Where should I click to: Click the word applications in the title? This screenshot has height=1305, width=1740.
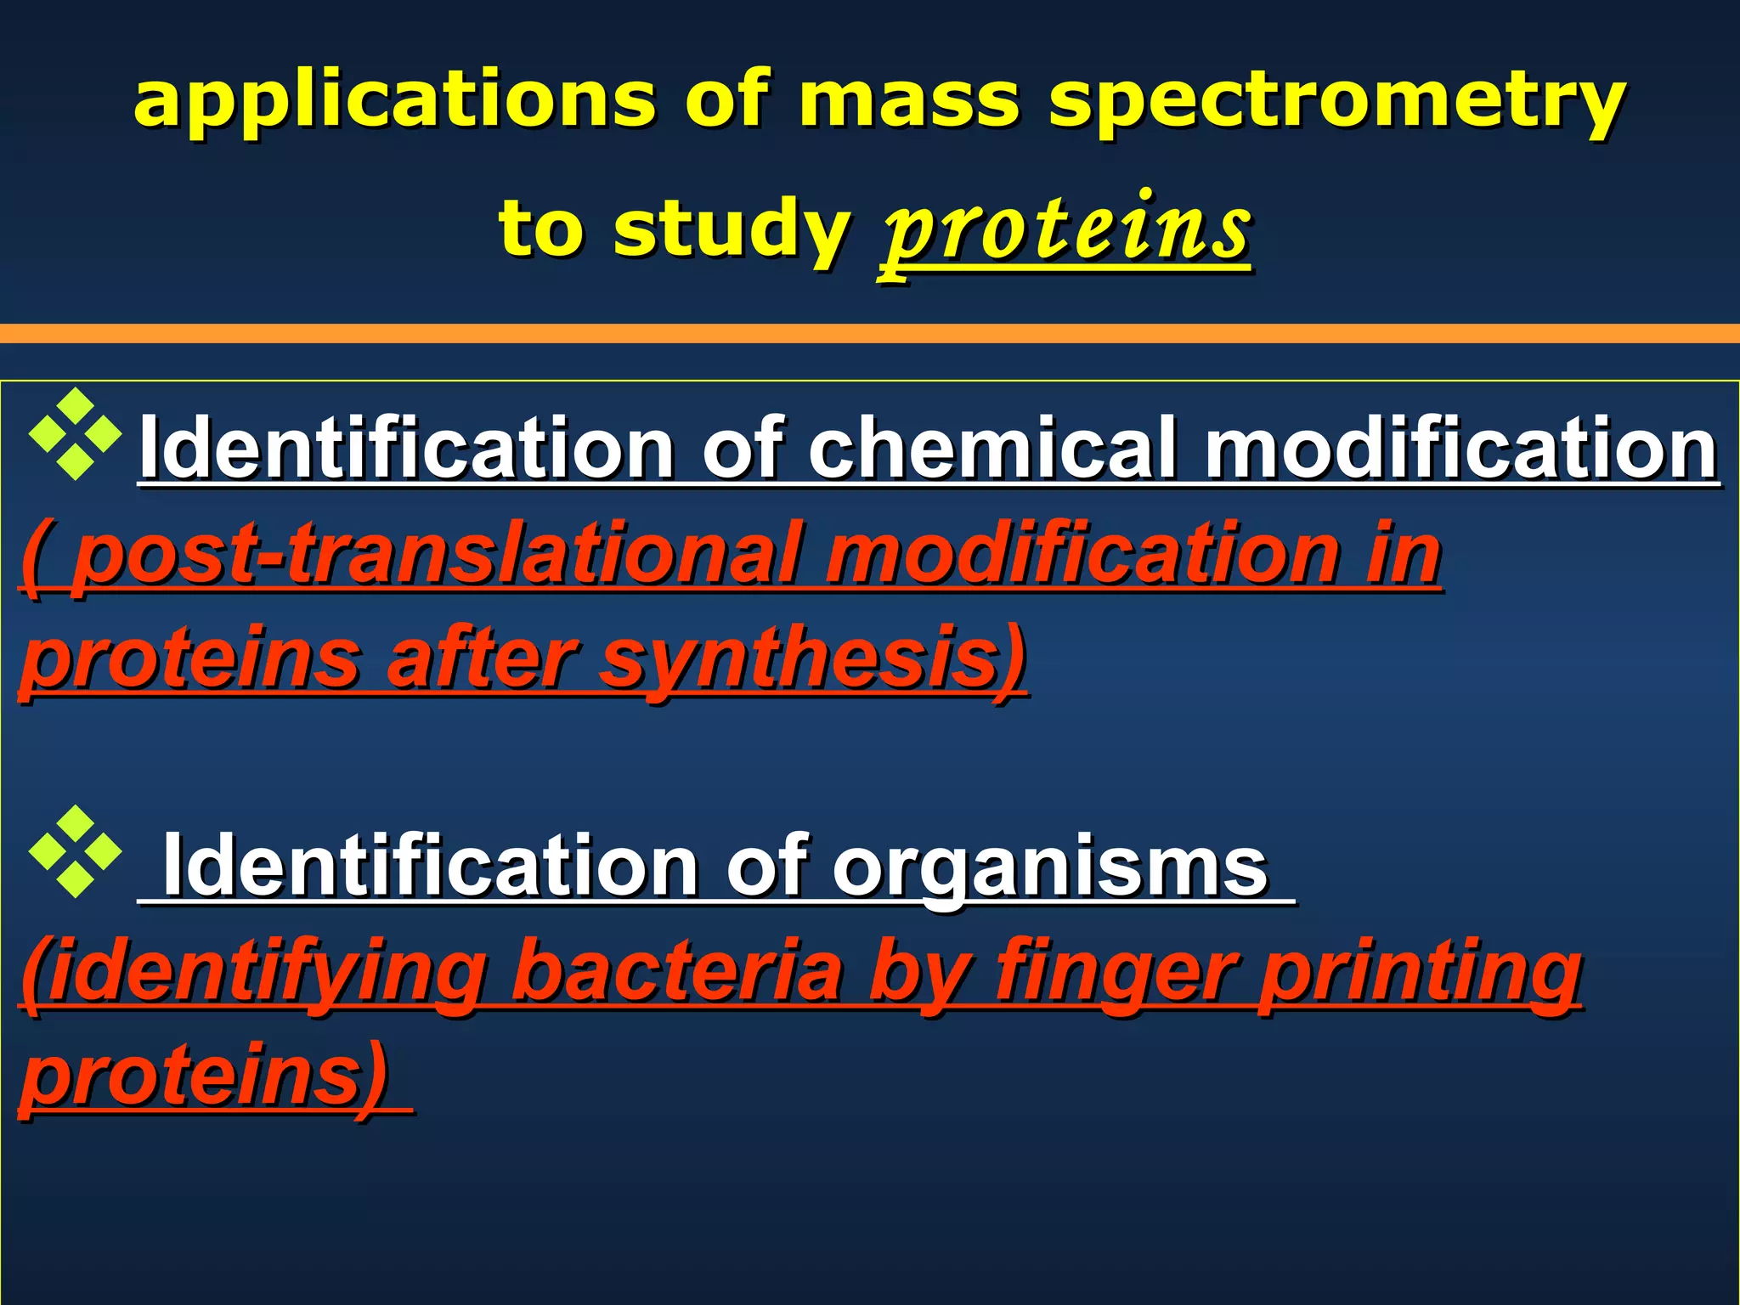394,102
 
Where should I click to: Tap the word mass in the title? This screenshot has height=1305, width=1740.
908,102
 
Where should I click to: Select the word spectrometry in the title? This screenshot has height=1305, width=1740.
1337,102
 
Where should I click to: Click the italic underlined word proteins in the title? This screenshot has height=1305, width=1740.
1067,229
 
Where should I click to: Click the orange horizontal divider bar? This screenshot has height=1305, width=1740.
870,333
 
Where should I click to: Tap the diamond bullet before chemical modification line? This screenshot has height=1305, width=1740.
75,434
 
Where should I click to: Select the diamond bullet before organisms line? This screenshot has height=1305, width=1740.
75,851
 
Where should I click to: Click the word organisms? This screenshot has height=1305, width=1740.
1050,866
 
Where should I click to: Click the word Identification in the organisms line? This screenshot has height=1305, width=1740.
430,866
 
